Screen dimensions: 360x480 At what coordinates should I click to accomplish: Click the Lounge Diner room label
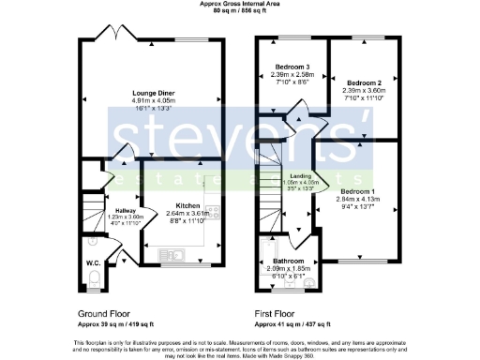pos(153,93)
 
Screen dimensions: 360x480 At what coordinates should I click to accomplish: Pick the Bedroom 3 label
pos(292,67)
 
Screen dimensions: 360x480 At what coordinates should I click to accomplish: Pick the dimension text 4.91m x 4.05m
pos(153,101)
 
